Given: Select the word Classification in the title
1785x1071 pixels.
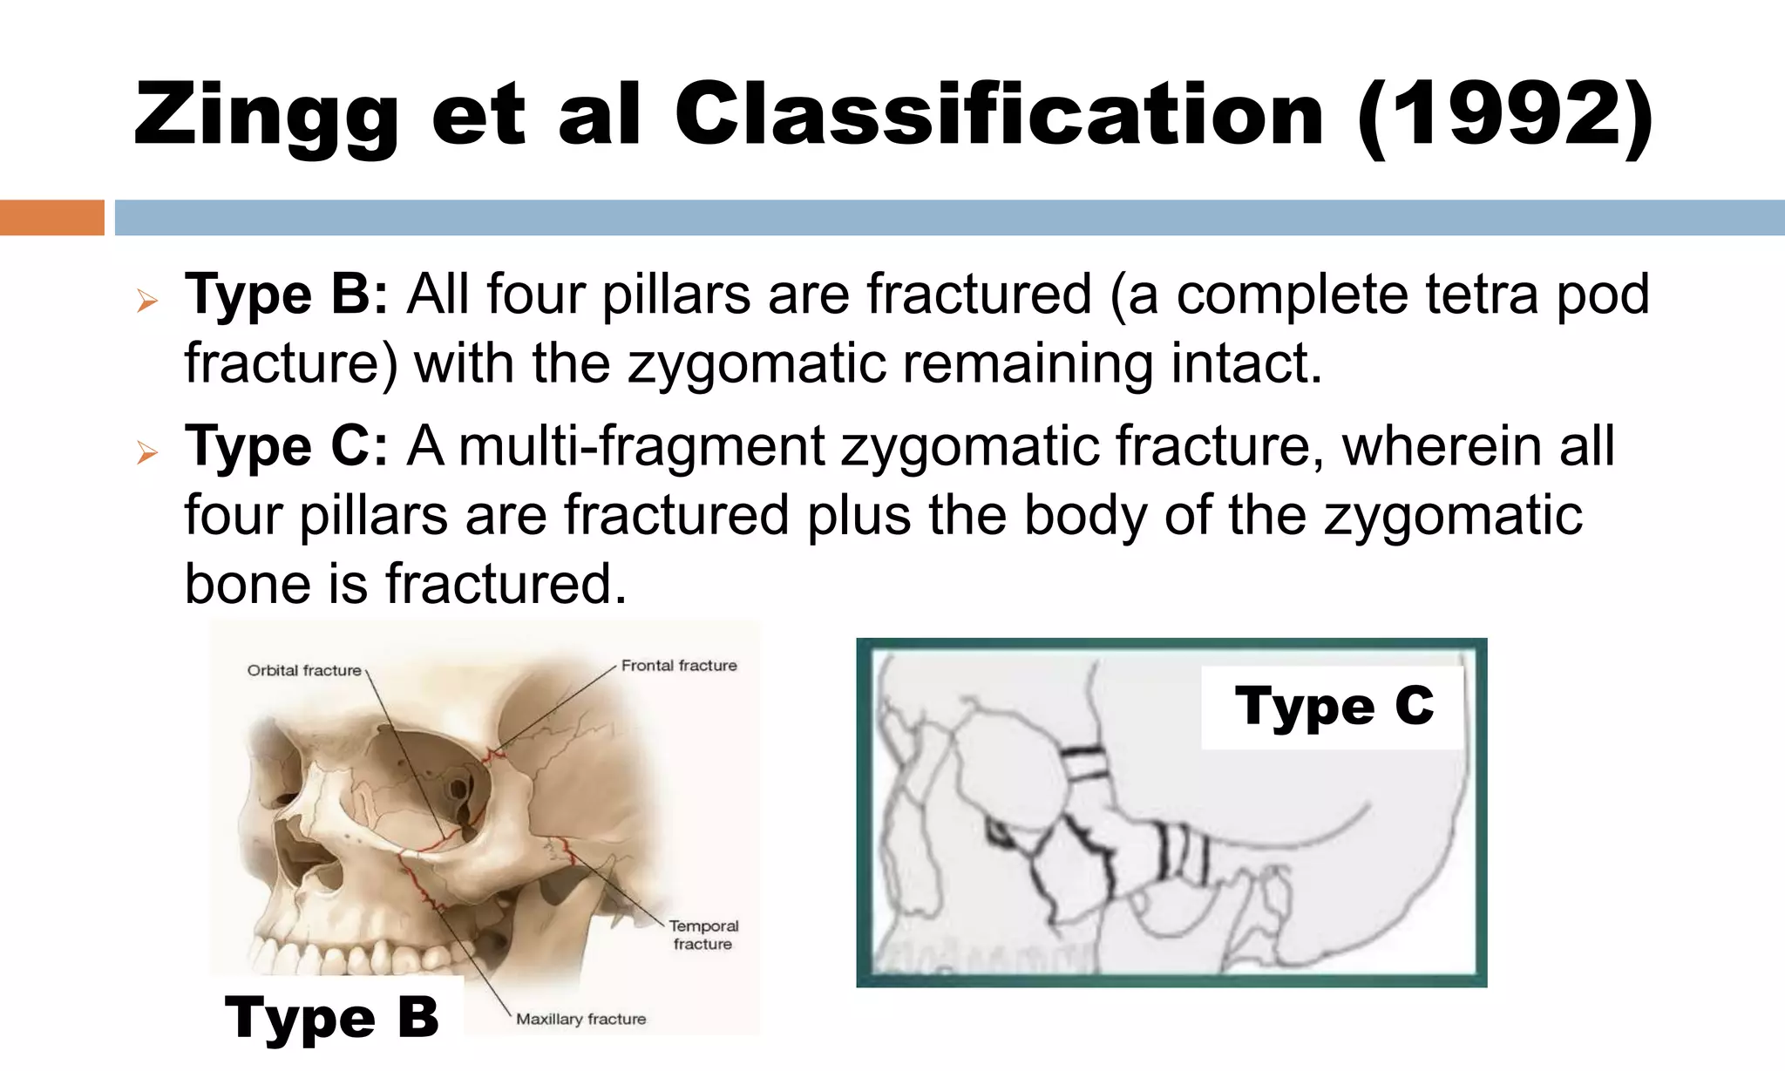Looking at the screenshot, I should click(x=998, y=115).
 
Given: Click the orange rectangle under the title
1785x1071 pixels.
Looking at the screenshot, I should click(x=51, y=217).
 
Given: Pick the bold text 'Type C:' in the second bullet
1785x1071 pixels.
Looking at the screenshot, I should click(x=286, y=446).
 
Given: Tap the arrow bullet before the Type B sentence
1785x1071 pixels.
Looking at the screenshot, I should click(x=147, y=302).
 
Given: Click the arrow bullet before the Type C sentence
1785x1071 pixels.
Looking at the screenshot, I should click(x=147, y=453).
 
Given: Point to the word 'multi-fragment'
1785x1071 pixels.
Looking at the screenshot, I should click(x=641, y=446).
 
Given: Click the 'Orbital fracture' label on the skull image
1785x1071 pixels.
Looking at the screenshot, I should click(x=304, y=670).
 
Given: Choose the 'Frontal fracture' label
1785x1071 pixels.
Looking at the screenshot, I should click(x=679, y=666).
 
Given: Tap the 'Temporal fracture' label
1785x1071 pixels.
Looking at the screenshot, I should click(x=703, y=934).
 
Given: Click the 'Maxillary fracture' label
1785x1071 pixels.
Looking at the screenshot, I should click(x=581, y=1019).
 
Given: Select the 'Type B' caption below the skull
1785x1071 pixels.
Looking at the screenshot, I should click(x=332, y=1017).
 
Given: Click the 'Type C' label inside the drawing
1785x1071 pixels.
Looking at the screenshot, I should click(x=1334, y=706).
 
